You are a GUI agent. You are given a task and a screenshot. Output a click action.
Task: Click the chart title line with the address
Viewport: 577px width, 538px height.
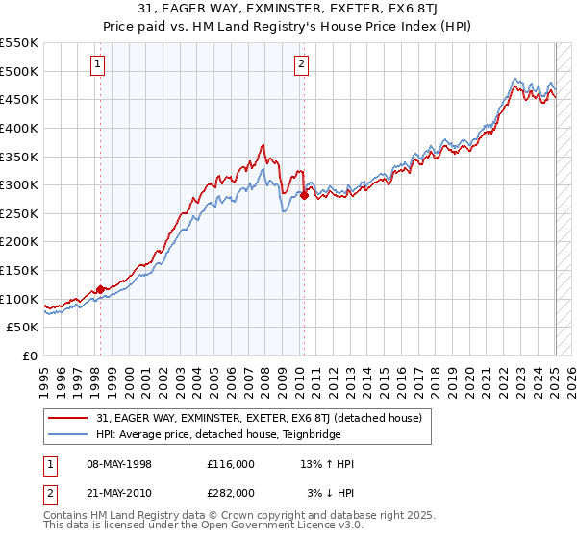coord(288,11)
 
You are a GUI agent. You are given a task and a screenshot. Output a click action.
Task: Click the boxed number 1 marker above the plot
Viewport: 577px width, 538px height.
coord(99,65)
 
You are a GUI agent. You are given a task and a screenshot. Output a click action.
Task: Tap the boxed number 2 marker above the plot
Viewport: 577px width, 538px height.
coord(301,65)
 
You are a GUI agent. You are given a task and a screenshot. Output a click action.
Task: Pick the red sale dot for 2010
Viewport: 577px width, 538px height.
coord(304,195)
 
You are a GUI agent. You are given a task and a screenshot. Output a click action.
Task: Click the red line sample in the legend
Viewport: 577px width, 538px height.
coord(67,418)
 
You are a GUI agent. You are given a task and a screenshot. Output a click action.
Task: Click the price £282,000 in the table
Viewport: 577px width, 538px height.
coord(230,493)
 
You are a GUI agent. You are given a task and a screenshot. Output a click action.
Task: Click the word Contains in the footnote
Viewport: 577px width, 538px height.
coord(67,517)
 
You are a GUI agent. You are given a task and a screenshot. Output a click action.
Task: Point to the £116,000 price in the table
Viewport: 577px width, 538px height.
coord(230,464)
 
